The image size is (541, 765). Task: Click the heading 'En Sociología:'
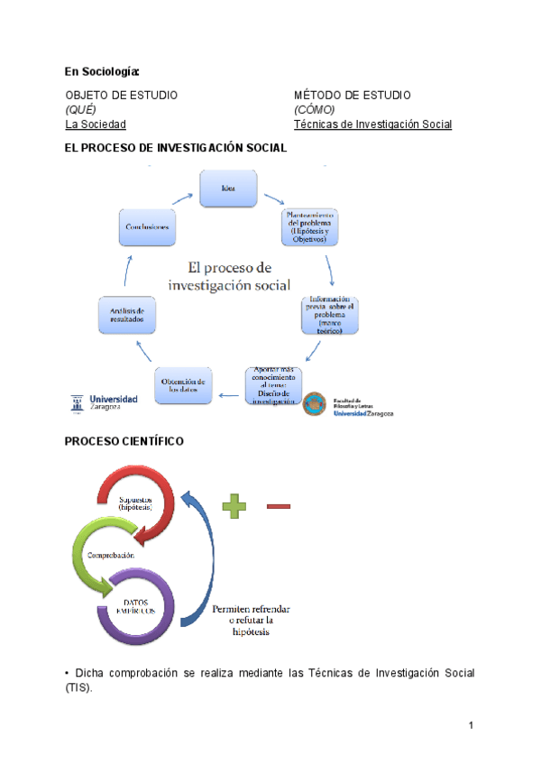102,71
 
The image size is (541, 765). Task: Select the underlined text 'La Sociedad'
96,124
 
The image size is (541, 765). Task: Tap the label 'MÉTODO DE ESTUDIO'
353,95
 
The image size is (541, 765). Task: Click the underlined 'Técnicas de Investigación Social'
372,124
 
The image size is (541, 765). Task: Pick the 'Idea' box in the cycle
230,188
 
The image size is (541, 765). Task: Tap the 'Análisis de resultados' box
126,314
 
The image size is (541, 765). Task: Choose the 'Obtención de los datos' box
184,386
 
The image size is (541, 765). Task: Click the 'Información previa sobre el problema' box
330,315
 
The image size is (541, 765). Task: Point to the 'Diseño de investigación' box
274,386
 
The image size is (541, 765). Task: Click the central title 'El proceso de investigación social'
229,276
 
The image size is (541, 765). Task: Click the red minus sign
280,506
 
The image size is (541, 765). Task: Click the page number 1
471,726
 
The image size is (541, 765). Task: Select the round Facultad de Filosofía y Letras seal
315,405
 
